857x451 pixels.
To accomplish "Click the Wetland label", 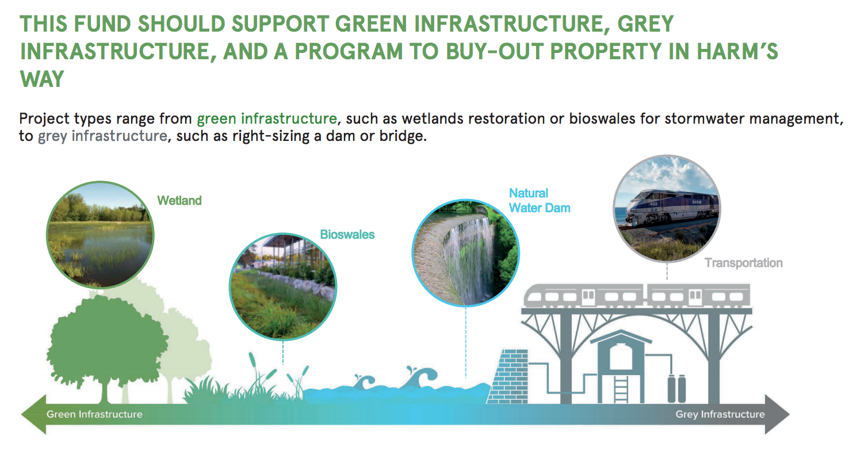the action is coord(179,200).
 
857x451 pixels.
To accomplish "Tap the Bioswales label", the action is coord(347,235).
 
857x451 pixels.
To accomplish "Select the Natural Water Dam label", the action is coord(540,200).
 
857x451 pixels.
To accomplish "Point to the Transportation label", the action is coord(743,263).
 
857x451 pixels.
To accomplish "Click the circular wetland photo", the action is coord(100,235).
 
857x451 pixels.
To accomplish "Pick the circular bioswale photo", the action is coord(283,286).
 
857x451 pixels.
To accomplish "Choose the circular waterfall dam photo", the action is coord(466,253).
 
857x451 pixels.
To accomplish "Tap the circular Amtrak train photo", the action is coord(667,208).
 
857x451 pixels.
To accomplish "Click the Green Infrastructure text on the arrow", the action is coord(94,414).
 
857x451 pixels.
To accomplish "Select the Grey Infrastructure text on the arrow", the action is coord(720,414).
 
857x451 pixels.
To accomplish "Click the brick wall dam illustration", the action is coord(508,376).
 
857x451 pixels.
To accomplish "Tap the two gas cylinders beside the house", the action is coord(676,388).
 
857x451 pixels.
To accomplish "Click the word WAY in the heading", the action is coord(42,79).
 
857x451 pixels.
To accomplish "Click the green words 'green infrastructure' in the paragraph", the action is coord(267,119).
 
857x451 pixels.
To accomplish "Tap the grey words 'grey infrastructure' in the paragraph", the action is coord(102,136).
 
